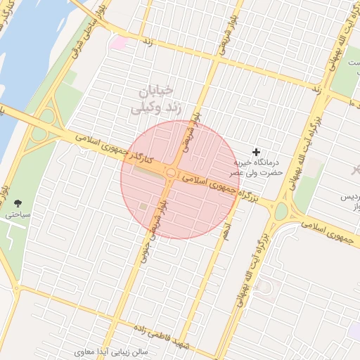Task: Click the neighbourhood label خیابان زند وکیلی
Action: [155, 100]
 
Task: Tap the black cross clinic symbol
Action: [257, 152]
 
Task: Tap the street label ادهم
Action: [225, 231]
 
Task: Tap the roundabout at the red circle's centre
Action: [171, 172]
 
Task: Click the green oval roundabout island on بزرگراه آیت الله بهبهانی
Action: [281, 210]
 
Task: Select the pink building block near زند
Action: [120, 43]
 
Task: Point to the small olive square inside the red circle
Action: [143, 206]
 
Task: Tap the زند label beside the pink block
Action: [148, 43]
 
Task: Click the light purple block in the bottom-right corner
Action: [352, 330]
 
